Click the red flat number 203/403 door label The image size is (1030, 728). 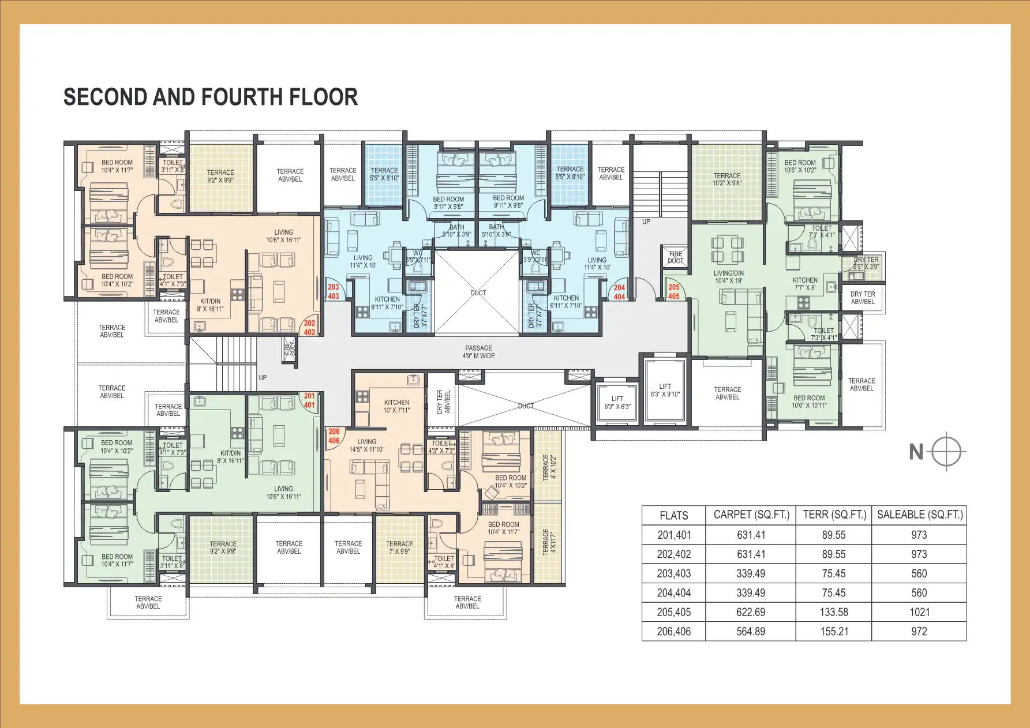pos(334,291)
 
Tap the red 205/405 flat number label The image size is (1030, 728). pos(674,291)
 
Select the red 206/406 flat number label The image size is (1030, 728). pos(334,436)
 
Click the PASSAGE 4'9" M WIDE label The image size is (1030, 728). pos(479,352)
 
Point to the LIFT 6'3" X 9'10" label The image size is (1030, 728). pos(665,391)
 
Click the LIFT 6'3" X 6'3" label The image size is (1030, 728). pos(617,403)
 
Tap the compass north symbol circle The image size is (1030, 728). pos(947,451)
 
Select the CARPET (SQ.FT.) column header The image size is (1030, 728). pos(751,515)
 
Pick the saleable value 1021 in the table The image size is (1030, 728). pos(919,612)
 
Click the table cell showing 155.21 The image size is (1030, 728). pos(834,632)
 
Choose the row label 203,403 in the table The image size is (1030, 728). pos(673,574)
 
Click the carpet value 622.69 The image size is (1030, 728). pos(751,612)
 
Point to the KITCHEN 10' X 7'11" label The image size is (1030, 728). pos(396,406)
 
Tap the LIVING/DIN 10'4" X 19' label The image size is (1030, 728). pos(729,277)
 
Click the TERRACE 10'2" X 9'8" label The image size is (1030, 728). pos(727,179)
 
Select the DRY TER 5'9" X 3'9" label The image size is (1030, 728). pos(866,263)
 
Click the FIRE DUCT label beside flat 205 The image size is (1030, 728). pos(675,257)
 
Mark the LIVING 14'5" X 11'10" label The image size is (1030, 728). pos(366,445)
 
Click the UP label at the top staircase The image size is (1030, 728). pos(646,222)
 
